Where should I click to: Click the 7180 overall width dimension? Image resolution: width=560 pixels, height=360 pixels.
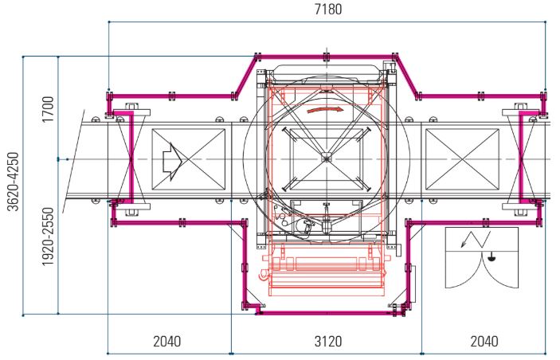pos(328,10)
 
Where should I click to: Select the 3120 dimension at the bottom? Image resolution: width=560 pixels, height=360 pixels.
pos(328,342)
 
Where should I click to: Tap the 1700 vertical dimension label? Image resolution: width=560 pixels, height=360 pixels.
pos(48,109)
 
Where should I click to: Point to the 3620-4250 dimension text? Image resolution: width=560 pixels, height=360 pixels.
pos(14,182)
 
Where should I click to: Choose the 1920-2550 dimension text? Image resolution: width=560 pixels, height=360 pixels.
pos(48,237)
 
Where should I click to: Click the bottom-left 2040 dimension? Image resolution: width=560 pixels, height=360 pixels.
pos(166,342)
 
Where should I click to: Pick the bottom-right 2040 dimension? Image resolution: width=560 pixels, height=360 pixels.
pos(484,342)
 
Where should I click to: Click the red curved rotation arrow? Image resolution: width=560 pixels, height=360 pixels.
pos(325,109)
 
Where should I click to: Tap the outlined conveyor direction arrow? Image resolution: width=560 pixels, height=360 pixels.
pos(173,162)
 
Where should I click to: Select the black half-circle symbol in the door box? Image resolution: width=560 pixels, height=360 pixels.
pos(491,256)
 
